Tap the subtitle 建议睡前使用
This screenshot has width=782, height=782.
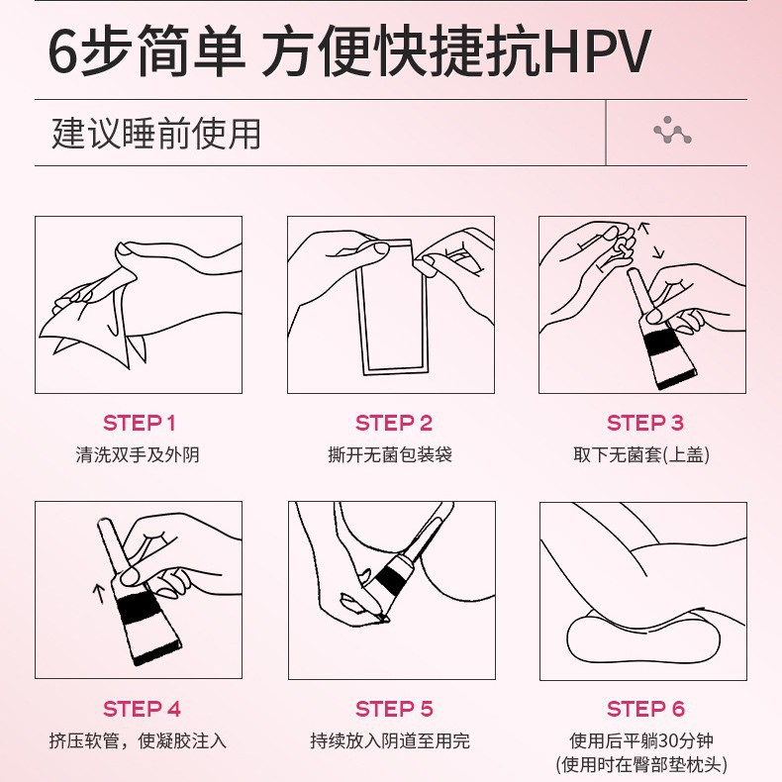(x=156, y=133)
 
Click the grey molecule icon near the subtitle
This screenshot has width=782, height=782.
(x=672, y=131)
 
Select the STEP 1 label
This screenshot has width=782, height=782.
(x=140, y=424)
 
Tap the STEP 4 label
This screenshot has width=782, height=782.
(x=143, y=709)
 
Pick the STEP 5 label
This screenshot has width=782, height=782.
(x=394, y=709)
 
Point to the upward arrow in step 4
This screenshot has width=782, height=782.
(x=98, y=592)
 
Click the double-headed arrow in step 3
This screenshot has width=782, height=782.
(x=649, y=241)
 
